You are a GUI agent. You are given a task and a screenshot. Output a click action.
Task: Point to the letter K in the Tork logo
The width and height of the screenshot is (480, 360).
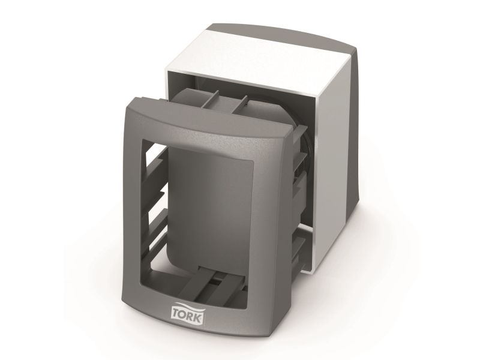coord(199,318)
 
